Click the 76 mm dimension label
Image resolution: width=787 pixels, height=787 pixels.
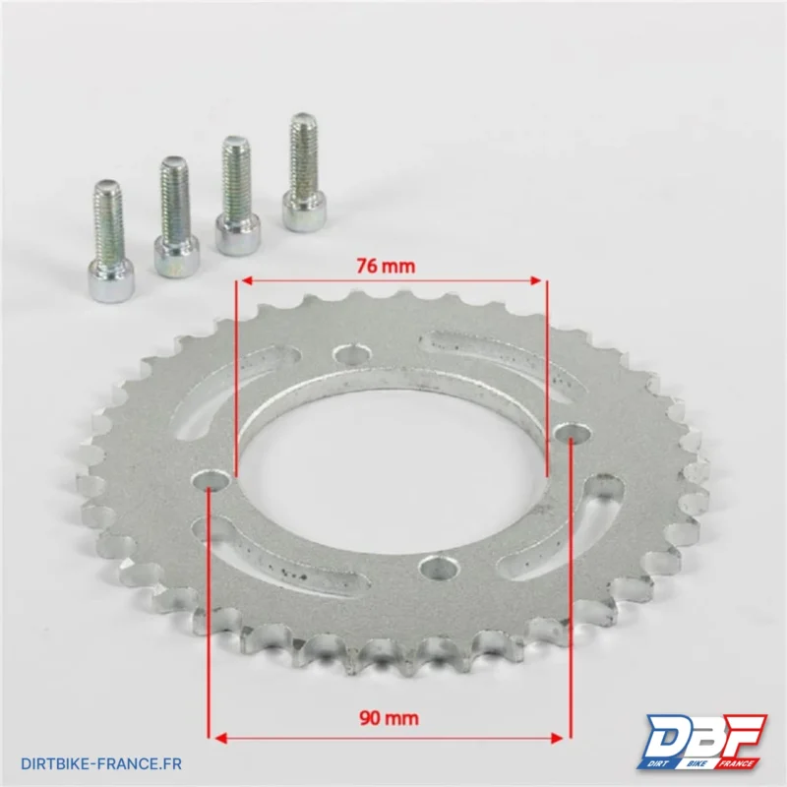pyautogui.click(x=386, y=266)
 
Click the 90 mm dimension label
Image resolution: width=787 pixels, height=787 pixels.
pyautogui.click(x=389, y=718)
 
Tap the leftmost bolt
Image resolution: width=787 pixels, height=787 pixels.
pyautogui.click(x=110, y=241)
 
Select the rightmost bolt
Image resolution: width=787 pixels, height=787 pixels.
pyautogui.click(x=304, y=172)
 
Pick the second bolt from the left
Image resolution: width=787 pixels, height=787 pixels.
pyautogui.click(x=176, y=217)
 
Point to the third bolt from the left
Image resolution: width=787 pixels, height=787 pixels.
pyautogui.click(x=238, y=195)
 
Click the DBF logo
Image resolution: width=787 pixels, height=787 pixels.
pyautogui.click(x=701, y=742)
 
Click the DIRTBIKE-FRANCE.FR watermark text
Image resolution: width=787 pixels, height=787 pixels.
pyautogui.click(x=101, y=764)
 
